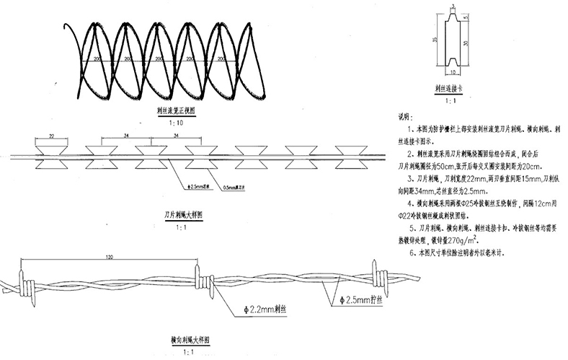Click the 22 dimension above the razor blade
tap(52, 135)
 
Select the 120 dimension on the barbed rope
tap(109, 257)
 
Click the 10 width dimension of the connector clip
tap(452, 72)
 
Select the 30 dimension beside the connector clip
tap(469, 43)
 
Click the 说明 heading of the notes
tap(405, 115)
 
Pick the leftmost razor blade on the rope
tap(52, 156)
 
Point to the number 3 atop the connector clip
tap(452, 7)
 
